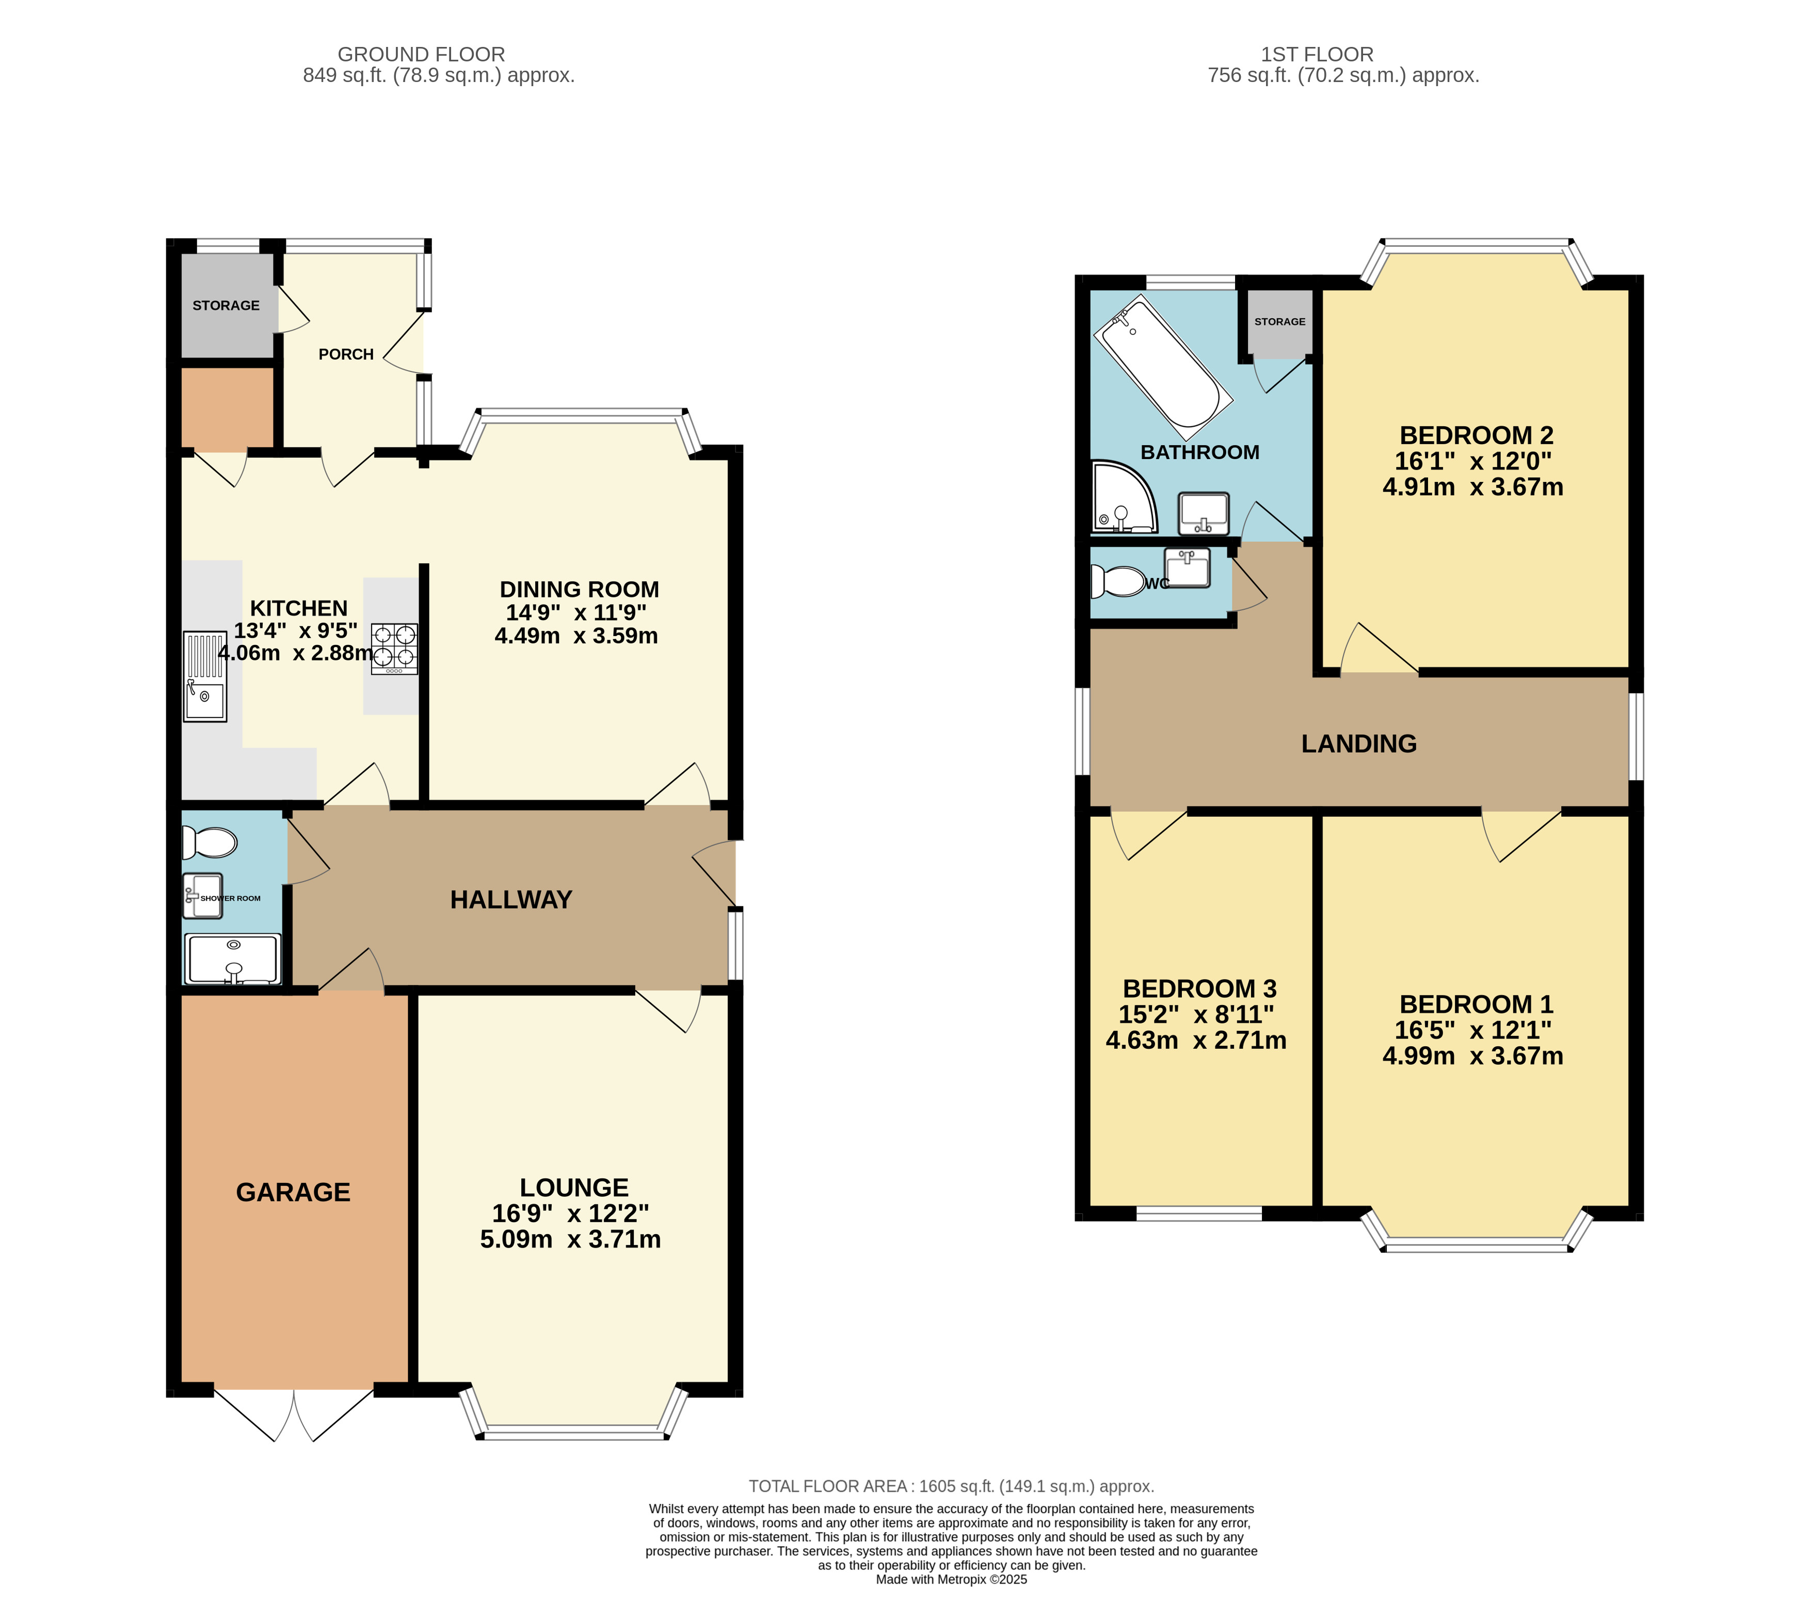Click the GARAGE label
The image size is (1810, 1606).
coord(293,1192)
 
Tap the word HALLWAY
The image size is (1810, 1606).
coord(511,900)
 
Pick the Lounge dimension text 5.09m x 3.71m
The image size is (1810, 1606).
coord(570,1239)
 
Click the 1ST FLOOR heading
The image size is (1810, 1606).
coord(1317,54)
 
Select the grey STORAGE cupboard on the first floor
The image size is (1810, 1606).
coord(1279,323)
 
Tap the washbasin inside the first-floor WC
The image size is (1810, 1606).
coord(1187,567)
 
